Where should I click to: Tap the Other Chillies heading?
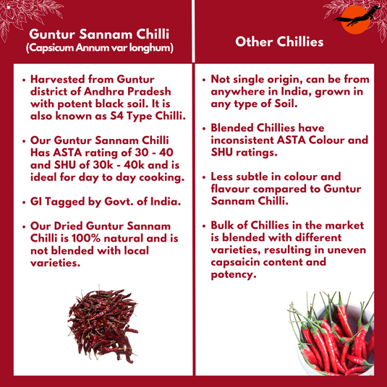pos(279,43)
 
